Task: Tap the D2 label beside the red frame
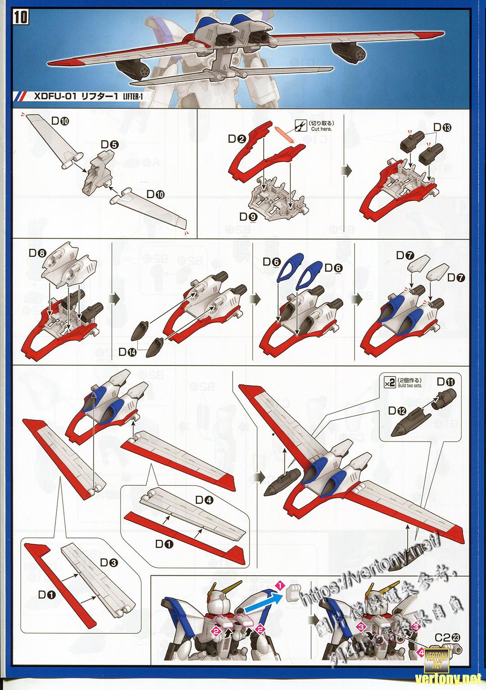(236, 139)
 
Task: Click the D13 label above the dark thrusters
(443, 128)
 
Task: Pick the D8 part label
(37, 253)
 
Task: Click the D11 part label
(446, 382)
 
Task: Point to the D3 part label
(109, 562)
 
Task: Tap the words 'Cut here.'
(321, 129)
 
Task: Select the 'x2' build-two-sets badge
(390, 382)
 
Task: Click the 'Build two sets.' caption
(409, 386)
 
